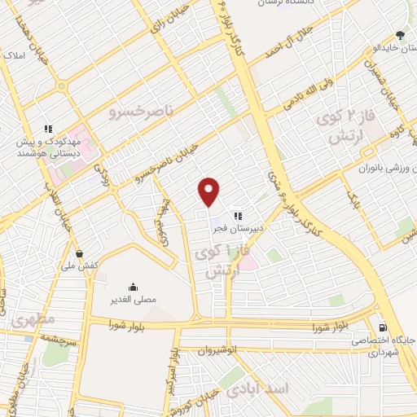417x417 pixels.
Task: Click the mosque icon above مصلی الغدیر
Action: click(133, 287)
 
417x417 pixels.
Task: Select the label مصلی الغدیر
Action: click(133, 301)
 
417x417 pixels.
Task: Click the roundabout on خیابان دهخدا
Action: click(61, 86)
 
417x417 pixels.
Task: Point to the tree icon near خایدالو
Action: click(399, 35)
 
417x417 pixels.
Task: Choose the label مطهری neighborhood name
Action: click(32, 319)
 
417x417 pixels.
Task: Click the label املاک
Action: click(15, 57)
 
